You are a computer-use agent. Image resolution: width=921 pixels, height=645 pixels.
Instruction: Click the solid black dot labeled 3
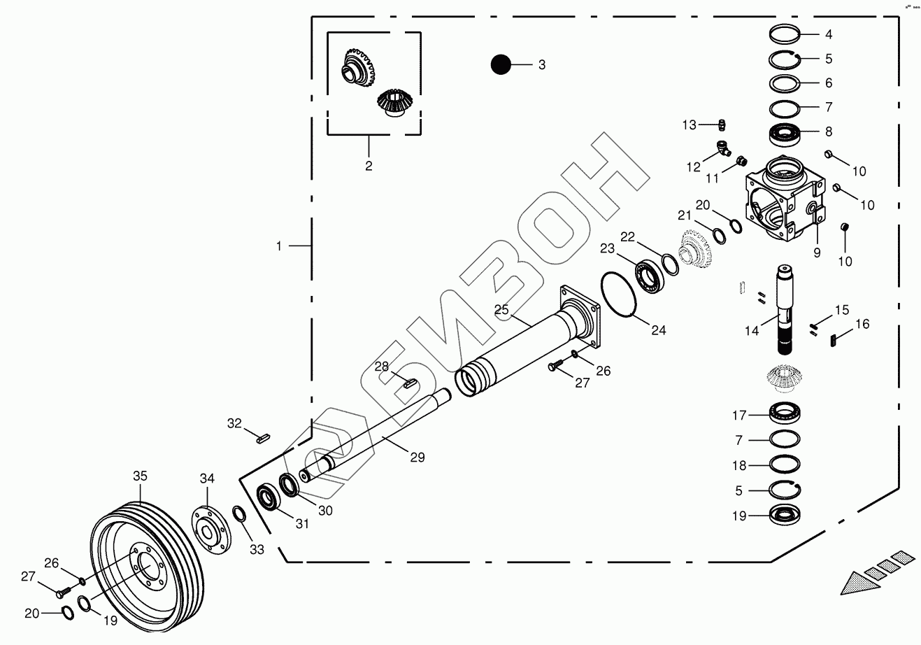(x=501, y=64)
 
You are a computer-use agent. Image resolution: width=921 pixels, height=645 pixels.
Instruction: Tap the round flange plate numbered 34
(x=211, y=527)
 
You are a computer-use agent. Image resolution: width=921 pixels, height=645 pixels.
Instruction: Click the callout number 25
(x=501, y=309)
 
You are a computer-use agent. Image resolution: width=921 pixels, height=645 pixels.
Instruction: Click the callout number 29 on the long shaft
(x=417, y=457)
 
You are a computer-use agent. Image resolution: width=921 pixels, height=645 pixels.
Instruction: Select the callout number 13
(x=690, y=125)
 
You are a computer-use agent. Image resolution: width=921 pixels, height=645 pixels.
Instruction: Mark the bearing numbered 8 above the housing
(x=786, y=132)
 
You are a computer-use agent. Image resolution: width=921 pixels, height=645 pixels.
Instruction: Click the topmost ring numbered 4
(x=785, y=34)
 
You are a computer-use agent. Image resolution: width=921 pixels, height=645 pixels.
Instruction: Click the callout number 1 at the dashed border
(x=279, y=246)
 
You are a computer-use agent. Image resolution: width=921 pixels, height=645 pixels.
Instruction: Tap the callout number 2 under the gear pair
(x=369, y=166)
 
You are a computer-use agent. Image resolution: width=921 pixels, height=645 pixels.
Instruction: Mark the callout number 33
(x=257, y=549)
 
